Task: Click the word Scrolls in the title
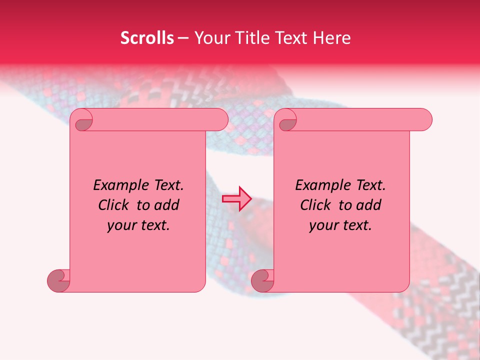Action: click(x=147, y=38)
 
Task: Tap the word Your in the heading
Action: click(x=210, y=38)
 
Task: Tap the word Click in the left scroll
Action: click(x=115, y=205)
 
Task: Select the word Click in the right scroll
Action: click(x=317, y=205)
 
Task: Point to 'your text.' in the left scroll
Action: click(x=138, y=225)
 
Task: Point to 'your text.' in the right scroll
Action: click(x=340, y=225)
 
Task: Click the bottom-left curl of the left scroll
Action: click(x=58, y=280)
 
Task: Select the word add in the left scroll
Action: click(x=167, y=205)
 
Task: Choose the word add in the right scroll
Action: click(x=369, y=205)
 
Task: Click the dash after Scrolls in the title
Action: click(x=183, y=38)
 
